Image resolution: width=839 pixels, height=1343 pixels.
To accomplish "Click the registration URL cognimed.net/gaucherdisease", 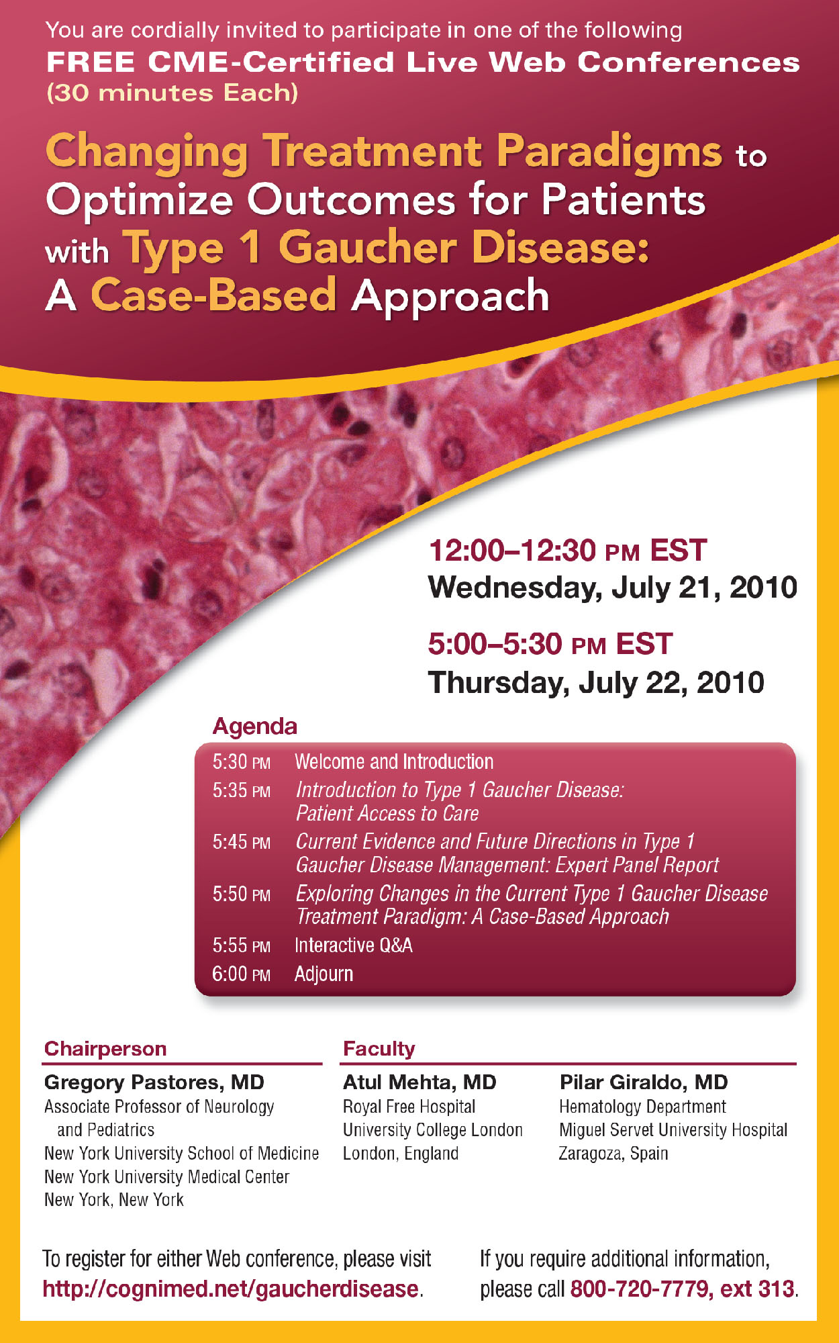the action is tap(232, 1289).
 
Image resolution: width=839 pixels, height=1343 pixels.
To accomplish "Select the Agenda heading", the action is tap(254, 726).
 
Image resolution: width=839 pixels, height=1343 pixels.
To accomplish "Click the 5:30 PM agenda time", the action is tap(242, 761).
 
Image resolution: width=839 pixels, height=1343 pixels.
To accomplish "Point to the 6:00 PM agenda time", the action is tap(242, 974).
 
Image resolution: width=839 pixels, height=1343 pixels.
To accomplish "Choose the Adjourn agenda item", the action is tap(324, 974).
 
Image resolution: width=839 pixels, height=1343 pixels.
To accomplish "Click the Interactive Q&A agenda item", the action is tap(354, 945).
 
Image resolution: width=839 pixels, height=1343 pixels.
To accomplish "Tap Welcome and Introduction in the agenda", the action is tap(394, 761).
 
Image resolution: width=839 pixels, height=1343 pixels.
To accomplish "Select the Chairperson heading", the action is tap(105, 1049).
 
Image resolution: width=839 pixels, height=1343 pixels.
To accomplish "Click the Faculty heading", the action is tap(379, 1049).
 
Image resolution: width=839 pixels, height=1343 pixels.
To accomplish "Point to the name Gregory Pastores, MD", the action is tap(154, 1082).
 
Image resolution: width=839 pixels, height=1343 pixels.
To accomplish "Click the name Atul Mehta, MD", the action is tap(419, 1082).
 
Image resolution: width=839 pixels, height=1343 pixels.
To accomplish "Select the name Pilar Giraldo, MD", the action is tap(644, 1082).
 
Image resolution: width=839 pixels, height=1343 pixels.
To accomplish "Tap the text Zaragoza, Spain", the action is tap(613, 1154).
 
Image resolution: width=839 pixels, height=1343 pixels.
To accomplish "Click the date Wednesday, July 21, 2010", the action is tap(613, 588).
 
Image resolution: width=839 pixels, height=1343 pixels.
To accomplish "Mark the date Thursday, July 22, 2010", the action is tap(596, 683).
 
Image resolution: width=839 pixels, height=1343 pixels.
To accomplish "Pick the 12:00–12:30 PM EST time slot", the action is tap(567, 551).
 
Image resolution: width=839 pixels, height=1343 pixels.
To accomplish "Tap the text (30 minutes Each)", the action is tap(172, 93).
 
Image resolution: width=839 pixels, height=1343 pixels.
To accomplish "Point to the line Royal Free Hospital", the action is tap(409, 1107).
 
